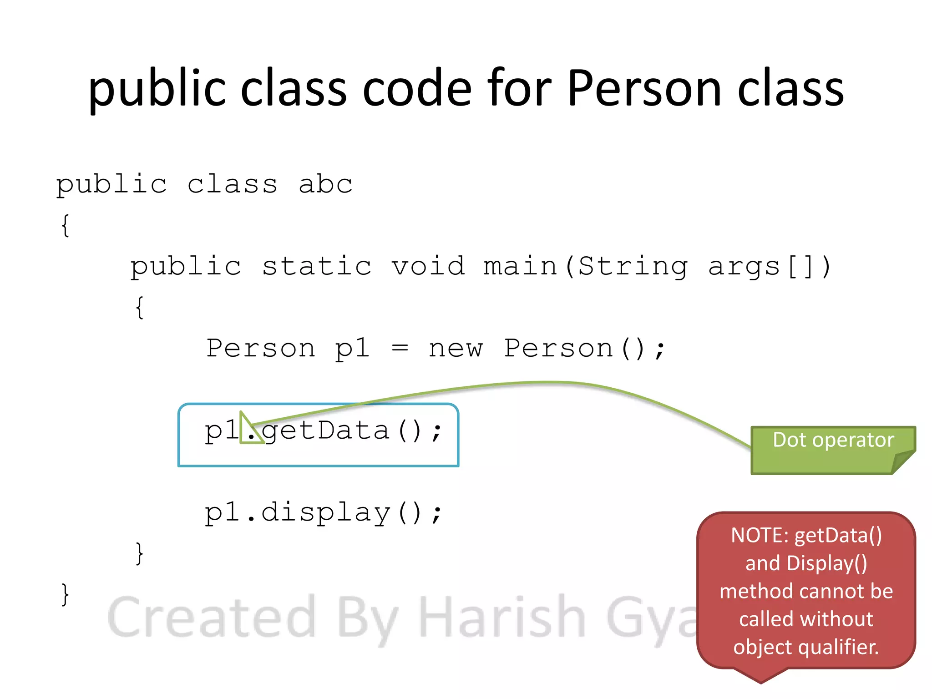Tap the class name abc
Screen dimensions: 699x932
325,184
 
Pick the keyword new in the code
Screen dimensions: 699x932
455,349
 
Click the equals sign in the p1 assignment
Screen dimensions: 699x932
400,349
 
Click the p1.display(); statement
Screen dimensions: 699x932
323,513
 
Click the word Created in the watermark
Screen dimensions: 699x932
212,618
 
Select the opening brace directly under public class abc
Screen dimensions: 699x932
66,225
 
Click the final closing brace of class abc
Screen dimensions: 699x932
65,595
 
